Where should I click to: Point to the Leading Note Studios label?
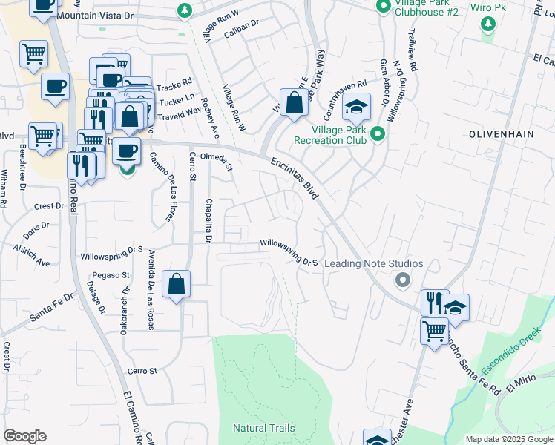point(374,264)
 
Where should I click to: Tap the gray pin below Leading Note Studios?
point(402,280)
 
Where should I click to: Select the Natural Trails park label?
point(263,428)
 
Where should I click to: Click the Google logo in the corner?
point(24,436)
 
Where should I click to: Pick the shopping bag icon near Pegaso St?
point(176,284)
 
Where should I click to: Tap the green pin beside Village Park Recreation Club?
point(377,133)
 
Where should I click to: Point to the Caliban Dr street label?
point(240,24)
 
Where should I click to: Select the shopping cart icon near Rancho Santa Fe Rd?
point(435,331)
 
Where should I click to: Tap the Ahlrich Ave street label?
point(31,257)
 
